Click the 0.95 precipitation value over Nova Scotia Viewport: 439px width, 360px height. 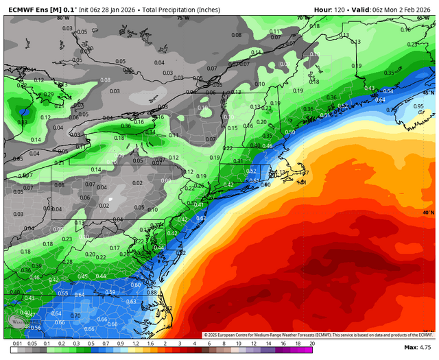click(x=418, y=106)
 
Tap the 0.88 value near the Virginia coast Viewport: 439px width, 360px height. click(x=152, y=292)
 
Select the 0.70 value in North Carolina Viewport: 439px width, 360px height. click(x=75, y=316)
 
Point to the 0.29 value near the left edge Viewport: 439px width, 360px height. click(x=49, y=95)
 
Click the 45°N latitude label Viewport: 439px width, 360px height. click(x=427, y=93)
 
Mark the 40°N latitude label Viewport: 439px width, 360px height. click(x=427, y=213)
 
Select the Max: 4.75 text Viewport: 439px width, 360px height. click(x=418, y=348)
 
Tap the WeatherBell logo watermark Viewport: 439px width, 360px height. click(x=19, y=321)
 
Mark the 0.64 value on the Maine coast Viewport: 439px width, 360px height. click(x=380, y=99)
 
